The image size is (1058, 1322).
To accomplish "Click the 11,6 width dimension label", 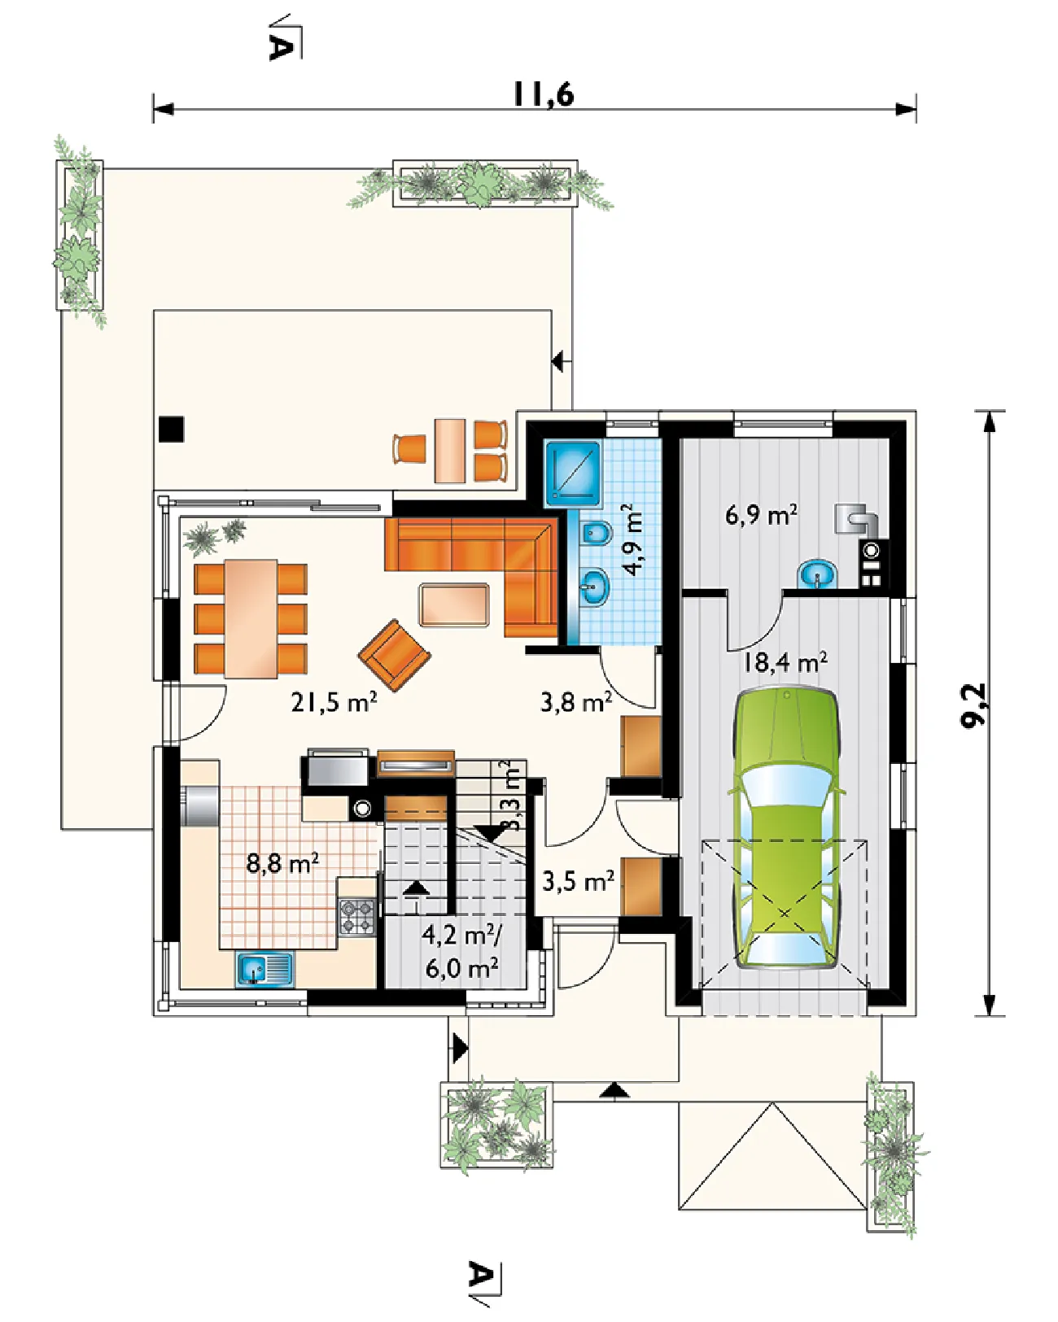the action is click(x=544, y=94).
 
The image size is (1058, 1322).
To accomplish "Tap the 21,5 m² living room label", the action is click(x=334, y=702).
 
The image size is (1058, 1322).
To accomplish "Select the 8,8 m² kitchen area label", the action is click(x=282, y=864).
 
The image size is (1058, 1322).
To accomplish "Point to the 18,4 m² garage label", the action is click(x=785, y=662).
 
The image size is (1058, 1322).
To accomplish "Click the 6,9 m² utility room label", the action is click(x=761, y=514).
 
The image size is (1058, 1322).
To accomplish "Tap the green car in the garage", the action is click(x=785, y=831).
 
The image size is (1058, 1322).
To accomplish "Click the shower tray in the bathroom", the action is click(x=572, y=473).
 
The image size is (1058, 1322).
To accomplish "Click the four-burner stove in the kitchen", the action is click(x=357, y=918).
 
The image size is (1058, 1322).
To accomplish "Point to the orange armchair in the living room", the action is click(x=394, y=655).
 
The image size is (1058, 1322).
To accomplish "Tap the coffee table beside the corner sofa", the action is click(x=454, y=605).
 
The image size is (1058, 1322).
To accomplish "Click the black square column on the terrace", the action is click(x=171, y=430).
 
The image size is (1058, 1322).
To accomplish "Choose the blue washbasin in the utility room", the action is click(x=817, y=574).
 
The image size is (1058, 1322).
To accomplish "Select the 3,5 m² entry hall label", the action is click(x=578, y=882).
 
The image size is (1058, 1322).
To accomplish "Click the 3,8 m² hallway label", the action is click(x=576, y=701).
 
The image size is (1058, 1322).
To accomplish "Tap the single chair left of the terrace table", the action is click(x=409, y=448).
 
